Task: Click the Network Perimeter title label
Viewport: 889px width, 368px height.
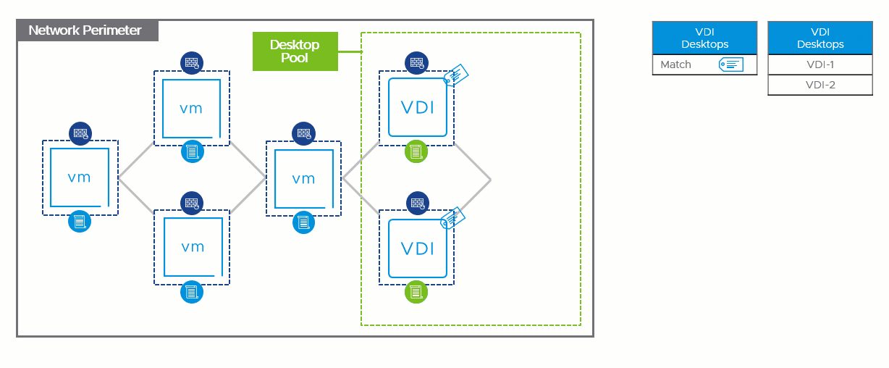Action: [85, 30]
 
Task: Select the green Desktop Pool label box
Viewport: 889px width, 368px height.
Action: [295, 51]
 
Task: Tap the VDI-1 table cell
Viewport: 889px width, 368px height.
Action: [820, 64]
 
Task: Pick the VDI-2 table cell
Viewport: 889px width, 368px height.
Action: [820, 85]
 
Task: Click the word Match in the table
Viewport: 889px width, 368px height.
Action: [676, 64]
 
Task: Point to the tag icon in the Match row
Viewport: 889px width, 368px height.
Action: [731, 64]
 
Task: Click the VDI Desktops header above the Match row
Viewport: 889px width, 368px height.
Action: [704, 38]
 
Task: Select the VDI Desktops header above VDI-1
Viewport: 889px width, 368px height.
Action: [820, 38]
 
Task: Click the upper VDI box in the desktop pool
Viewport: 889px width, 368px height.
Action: [417, 107]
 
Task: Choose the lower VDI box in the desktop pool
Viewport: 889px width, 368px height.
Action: [417, 248]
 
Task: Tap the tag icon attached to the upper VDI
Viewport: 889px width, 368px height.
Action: [457, 75]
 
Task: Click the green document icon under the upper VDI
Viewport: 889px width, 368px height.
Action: [416, 152]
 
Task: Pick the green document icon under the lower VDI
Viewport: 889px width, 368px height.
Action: [416, 292]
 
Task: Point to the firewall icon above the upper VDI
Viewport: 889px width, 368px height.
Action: [416, 62]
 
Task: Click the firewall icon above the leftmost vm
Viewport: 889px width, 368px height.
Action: [80, 133]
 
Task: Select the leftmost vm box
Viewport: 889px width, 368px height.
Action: [80, 177]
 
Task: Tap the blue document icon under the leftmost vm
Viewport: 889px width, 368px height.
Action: [80, 222]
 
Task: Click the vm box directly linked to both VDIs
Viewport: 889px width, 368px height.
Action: [303, 177]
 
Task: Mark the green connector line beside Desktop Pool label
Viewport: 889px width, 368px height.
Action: [350, 51]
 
